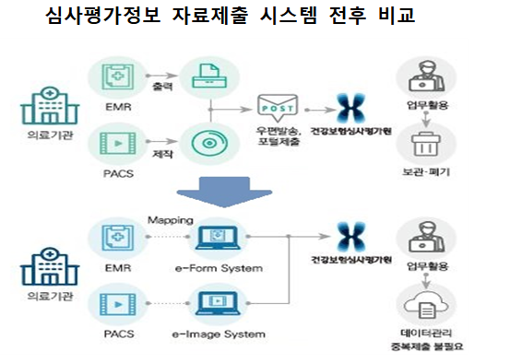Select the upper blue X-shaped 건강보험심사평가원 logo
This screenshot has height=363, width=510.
(350, 105)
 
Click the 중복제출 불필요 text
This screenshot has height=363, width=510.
(427, 347)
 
